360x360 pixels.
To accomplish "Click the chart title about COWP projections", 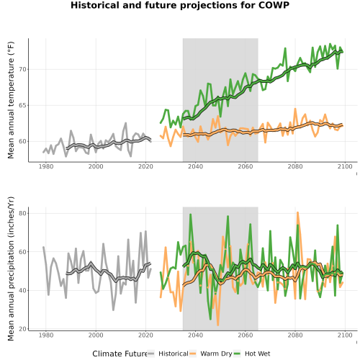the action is point(180,5).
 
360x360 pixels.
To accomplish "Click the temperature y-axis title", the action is point(11,100).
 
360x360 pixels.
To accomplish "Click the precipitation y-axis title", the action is point(11,269).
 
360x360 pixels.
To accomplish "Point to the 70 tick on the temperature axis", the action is point(23,69).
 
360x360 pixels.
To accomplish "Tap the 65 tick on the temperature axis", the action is point(23,105).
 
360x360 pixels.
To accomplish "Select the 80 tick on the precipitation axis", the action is point(23,213).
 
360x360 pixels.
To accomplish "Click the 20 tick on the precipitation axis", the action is point(23,329).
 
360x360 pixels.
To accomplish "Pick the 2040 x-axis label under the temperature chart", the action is point(195,166).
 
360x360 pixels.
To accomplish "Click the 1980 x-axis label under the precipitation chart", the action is point(46,335).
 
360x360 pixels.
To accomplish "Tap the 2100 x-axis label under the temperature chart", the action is point(345,166).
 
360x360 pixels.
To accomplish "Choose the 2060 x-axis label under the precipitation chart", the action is point(246,335).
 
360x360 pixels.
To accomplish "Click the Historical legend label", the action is point(174,354).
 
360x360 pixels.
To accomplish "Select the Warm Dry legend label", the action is point(216,354).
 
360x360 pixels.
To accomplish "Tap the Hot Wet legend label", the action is point(257,354).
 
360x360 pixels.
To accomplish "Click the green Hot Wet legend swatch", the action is point(237,354).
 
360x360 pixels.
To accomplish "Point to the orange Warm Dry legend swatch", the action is point(193,354).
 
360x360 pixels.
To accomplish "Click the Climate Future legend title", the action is point(120,354).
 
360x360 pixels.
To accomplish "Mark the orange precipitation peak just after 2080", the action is point(297,212).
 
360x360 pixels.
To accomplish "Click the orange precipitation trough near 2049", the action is point(218,325).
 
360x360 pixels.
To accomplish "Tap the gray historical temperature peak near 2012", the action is point(125,123).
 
